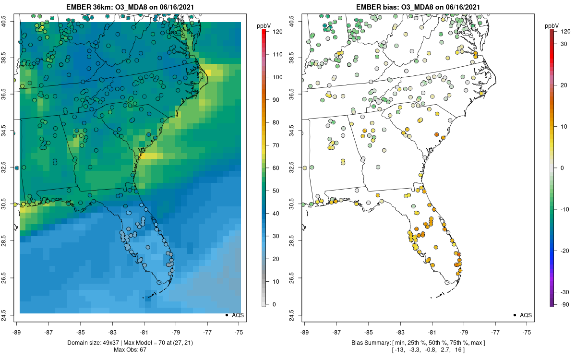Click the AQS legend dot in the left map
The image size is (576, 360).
[x=226, y=315]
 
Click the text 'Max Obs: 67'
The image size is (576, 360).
[x=130, y=349]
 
